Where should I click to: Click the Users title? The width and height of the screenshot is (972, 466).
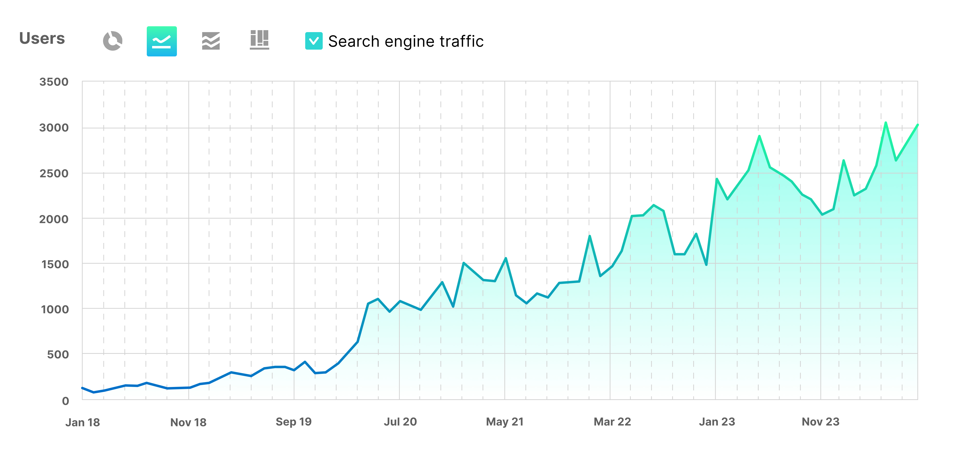tap(42, 38)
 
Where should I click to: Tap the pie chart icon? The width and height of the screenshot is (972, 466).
tap(113, 41)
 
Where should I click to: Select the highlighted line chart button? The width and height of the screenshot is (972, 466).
tap(162, 41)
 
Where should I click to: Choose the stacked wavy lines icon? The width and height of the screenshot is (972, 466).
tap(210, 41)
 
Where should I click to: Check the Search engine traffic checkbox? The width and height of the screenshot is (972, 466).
tap(313, 41)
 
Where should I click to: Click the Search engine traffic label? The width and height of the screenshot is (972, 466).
tap(406, 41)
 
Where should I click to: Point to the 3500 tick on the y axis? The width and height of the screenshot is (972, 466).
tap(54, 82)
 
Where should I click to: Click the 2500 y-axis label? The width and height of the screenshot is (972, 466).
tap(54, 173)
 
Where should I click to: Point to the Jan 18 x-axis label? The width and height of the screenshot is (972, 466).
tap(83, 422)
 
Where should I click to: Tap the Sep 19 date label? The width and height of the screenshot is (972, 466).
tap(294, 422)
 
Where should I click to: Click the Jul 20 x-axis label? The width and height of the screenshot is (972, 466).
tap(400, 422)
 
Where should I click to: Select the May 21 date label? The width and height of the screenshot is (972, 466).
tap(504, 422)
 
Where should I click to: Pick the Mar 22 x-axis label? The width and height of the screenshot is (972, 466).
tap(612, 422)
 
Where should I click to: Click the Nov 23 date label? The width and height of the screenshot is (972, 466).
tap(820, 422)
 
